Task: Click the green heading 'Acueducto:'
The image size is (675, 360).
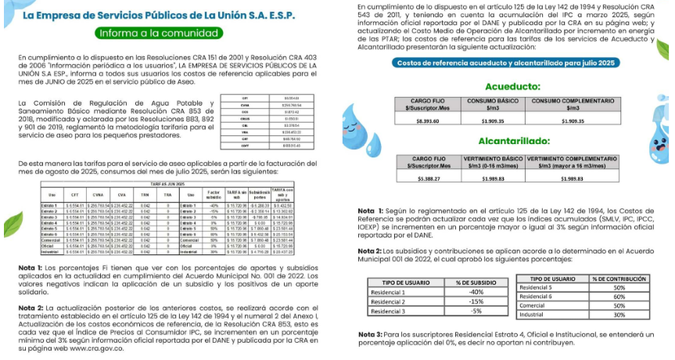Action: click(512, 86)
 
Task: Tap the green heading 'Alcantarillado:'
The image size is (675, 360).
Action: click(512, 142)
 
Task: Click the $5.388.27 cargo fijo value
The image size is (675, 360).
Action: click(428, 178)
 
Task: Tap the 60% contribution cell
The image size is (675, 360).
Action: click(618, 296)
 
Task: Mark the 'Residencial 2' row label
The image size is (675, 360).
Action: click(389, 301)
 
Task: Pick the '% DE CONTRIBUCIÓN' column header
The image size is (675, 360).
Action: click(618, 279)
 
